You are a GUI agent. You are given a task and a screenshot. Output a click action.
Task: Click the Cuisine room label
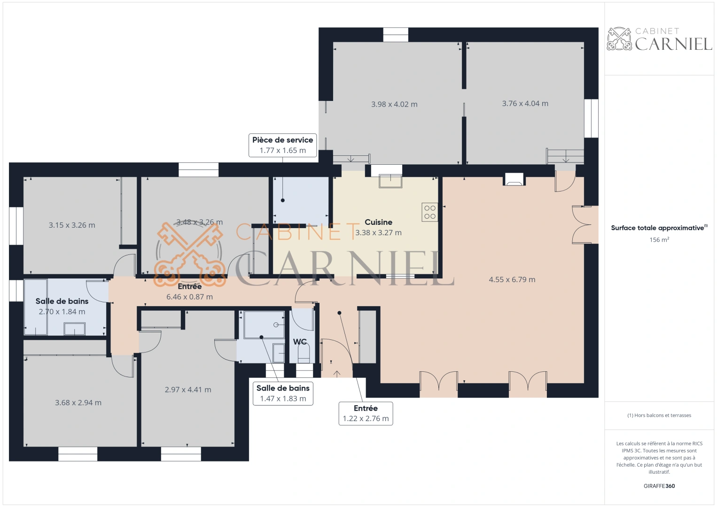(378, 222)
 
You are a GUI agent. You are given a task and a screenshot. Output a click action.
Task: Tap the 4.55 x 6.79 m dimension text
(512, 280)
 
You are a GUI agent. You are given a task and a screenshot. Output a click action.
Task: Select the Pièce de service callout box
(282, 145)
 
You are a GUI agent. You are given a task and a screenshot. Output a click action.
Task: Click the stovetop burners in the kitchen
(430, 212)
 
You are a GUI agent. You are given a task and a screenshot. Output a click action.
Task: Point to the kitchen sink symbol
(390, 181)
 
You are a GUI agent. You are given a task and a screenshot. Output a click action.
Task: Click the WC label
(300, 342)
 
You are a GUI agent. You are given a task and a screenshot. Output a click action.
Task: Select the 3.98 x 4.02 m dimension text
(394, 104)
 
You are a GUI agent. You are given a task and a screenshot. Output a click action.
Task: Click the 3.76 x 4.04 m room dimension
(525, 104)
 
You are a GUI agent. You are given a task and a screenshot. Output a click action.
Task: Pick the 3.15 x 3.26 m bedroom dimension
(72, 225)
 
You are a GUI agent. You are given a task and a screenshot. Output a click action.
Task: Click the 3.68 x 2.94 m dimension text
(78, 403)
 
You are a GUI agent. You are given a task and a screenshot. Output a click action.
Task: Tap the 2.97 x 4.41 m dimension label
(188, 390)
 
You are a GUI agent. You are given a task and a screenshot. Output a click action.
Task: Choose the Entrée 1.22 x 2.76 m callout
(366, 414)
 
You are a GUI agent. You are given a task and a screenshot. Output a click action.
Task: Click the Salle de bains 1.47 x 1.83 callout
(283, 393)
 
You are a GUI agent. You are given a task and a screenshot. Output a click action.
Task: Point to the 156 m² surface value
(659, 240)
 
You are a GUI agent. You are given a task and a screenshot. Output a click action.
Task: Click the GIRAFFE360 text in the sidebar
(659, 486)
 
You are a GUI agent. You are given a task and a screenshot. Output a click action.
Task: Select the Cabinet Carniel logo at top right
(659, 39)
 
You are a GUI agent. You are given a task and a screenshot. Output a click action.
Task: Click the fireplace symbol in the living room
(514, 179)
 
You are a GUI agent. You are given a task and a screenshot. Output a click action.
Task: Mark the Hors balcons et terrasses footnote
(659, 415)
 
